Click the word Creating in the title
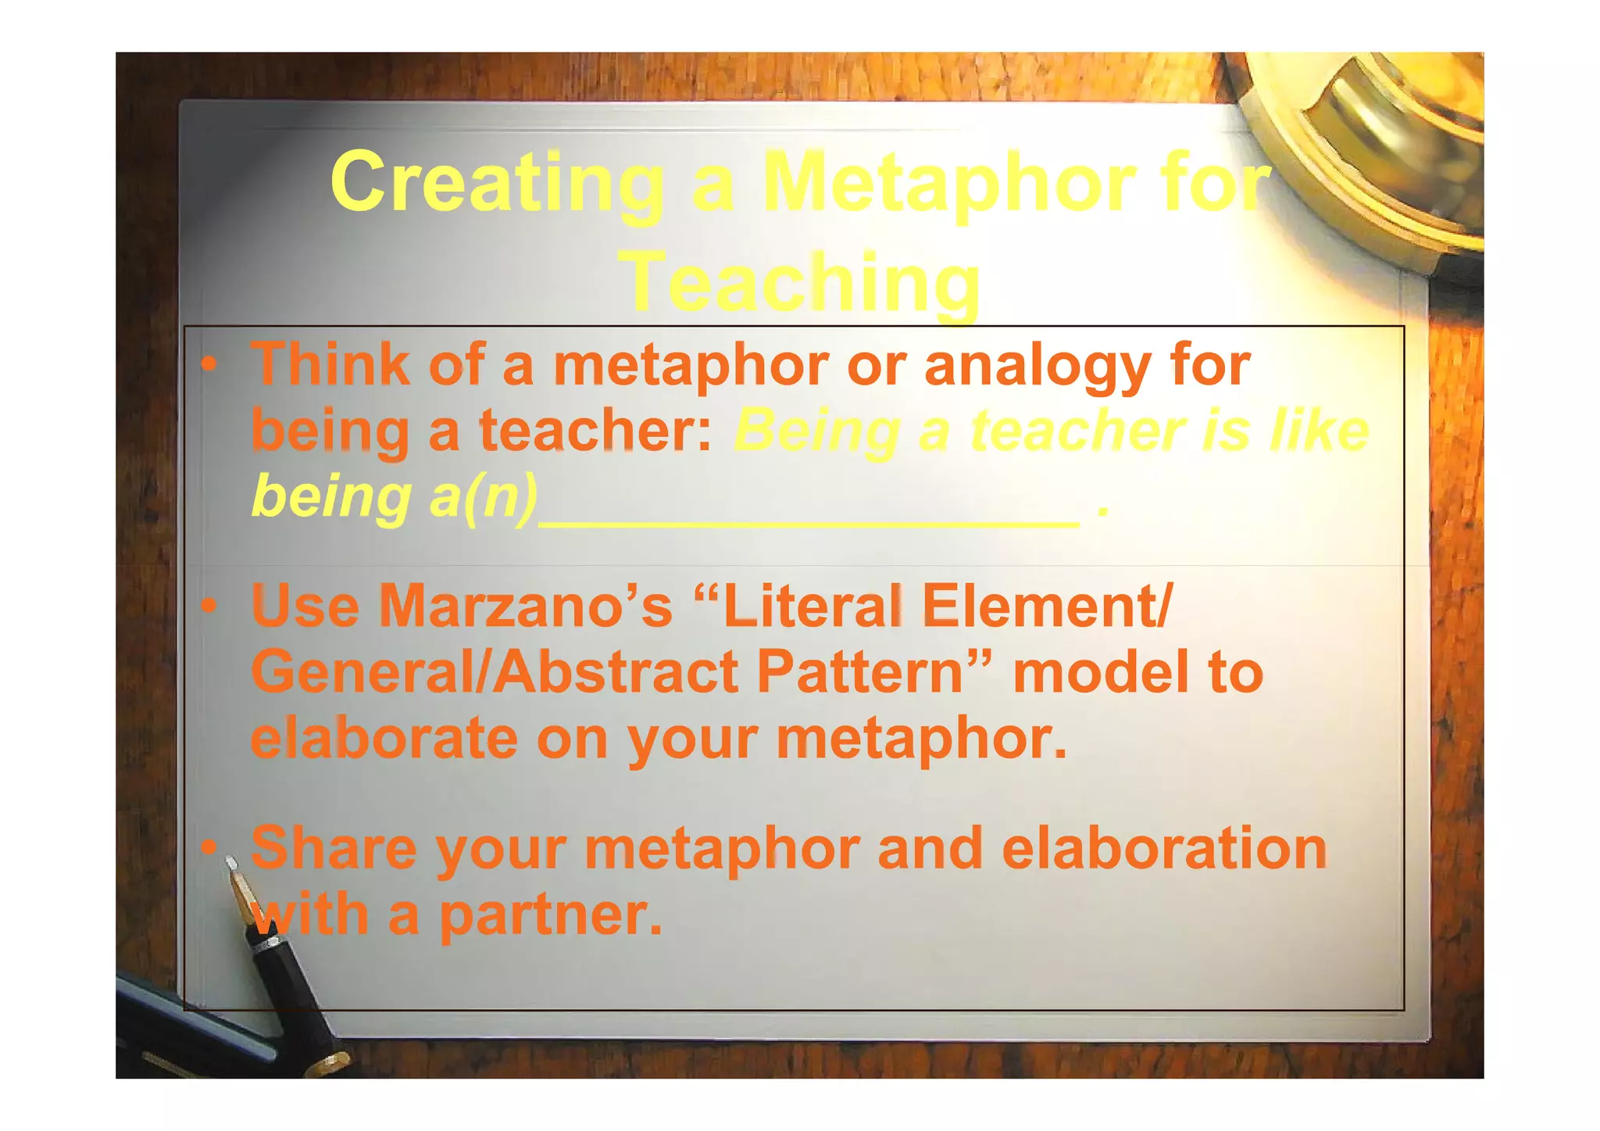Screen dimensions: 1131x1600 coord(497,183)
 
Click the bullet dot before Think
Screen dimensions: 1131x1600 coord(208,364)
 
